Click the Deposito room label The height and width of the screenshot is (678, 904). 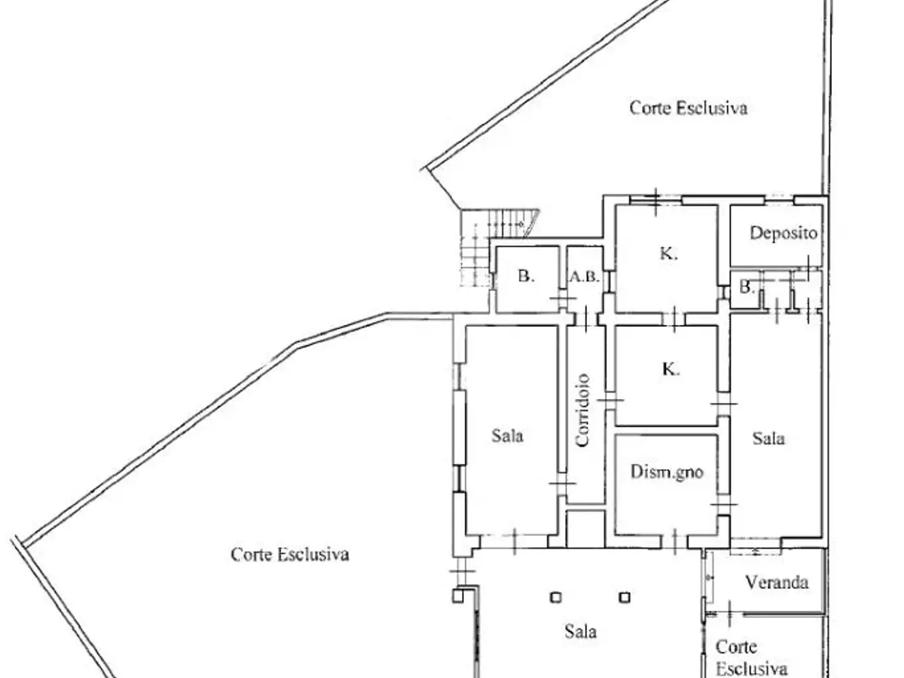coord(783,233)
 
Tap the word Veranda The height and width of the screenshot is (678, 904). coord(777,582)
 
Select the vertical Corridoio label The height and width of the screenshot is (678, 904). coord(583,410)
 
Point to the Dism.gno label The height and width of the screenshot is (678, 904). coord(667,472)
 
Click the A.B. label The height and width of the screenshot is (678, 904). coord(584,277)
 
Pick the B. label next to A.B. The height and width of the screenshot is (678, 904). coord(526,276)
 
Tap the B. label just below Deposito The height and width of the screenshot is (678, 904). coord(747,287)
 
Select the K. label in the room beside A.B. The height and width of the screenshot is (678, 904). coord(668,254)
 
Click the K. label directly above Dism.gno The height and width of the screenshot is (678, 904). coord(670,369)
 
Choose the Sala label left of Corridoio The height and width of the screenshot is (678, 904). coord(507,436)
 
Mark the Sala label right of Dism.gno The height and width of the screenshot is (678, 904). coord(768,439)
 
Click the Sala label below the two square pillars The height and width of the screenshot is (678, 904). coord(581,631)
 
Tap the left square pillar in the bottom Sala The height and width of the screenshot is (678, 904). coord(556,597)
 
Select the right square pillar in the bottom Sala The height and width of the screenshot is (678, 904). coord(625,597)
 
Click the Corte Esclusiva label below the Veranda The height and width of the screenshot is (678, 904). coord(751,658)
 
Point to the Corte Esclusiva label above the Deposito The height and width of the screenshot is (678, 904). coord(688,108)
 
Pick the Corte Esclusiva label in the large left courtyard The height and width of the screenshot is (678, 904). coord(290,554)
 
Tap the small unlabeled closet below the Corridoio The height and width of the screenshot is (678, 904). coord(585,529)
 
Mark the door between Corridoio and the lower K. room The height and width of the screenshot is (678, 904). coord(610,400)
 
